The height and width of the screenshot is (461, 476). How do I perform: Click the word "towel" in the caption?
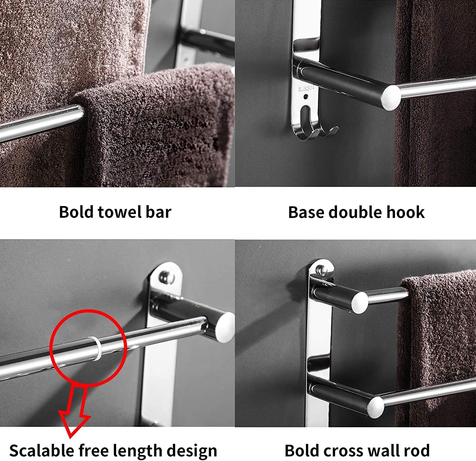[119, 212]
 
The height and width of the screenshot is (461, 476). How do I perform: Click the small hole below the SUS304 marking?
[306, 96]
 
